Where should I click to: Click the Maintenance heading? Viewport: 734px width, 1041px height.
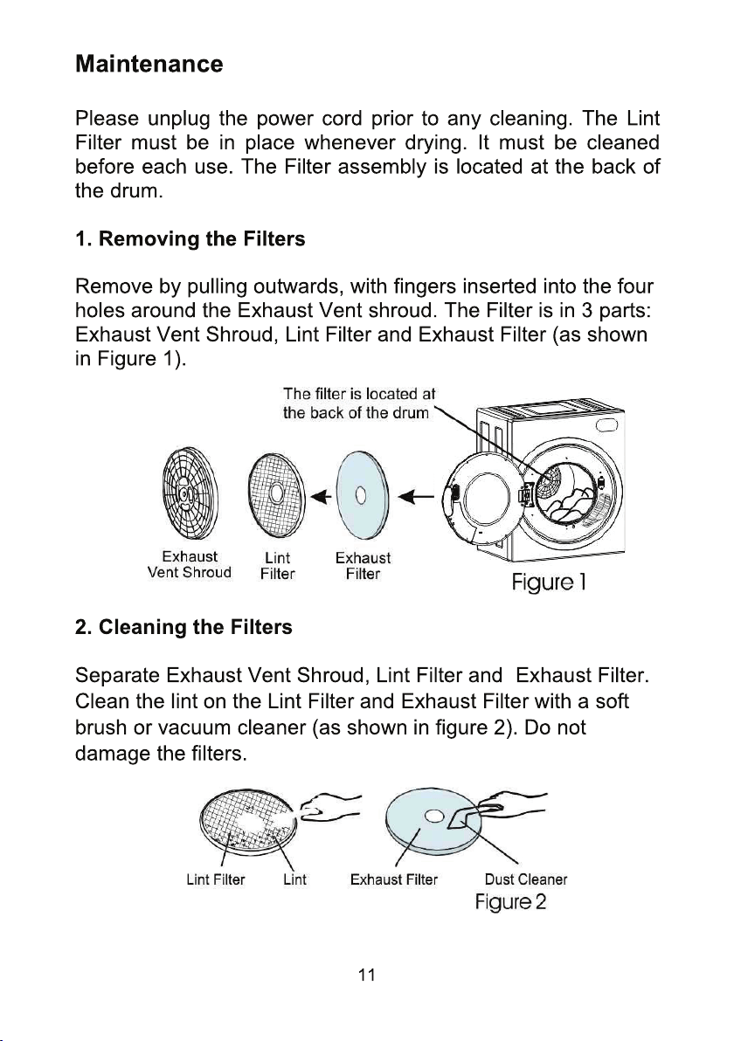(149, 64)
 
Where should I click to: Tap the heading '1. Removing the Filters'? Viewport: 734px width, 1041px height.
(190, 239)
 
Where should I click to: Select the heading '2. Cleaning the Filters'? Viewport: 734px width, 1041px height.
(183, 627)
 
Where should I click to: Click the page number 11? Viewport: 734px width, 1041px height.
(367, 975)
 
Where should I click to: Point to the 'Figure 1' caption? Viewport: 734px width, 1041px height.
(548, 583)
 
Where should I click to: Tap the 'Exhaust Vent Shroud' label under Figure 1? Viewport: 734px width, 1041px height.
(190, 565)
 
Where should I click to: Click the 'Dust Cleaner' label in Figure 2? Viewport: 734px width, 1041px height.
(525, 879)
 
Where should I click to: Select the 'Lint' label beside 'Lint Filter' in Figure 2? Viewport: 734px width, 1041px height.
(294, 879)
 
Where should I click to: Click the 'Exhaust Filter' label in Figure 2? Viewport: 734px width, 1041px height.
(394, 879)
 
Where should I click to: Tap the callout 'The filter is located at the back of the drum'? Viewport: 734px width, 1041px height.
(358, 403)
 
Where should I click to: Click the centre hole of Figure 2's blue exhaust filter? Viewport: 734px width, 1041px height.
(433, 816)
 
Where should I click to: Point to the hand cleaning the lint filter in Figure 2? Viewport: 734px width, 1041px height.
(328, 806)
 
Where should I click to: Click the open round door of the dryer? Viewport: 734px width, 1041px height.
(482, 500)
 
